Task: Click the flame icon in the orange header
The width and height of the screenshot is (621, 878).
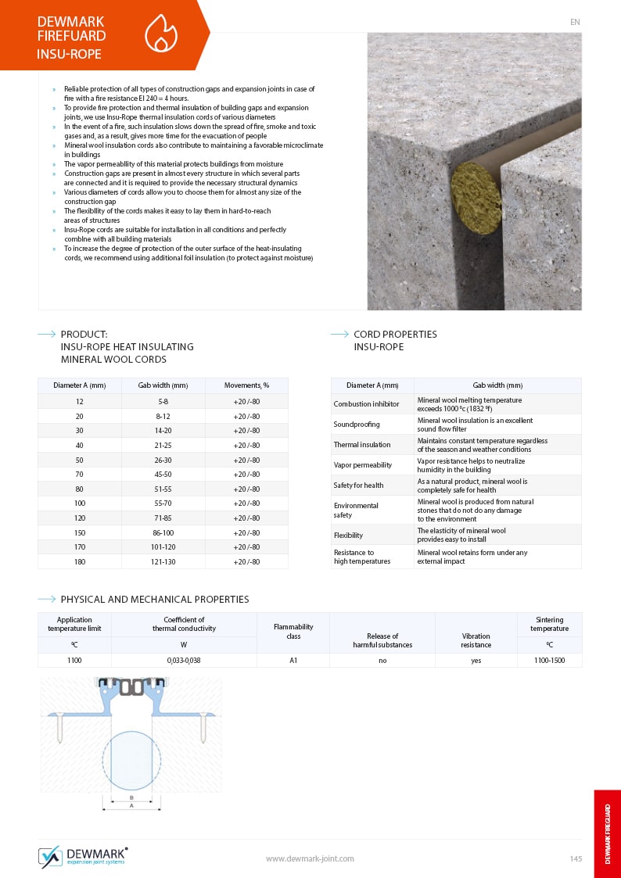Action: pyautogui.click(x=161, y=34)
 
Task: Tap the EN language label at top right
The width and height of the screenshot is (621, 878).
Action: pyautogui.click(x=575, y=22)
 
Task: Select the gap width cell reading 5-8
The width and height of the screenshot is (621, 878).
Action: pyautogui.click(x=163, y=401)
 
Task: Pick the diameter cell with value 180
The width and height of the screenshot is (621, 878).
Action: pyautogui.click(x=80, y=561)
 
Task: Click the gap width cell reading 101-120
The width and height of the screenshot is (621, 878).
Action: pyautogui.click(x=163, y=547)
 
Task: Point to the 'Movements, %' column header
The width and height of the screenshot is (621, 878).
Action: pyautogui.click(x=246, y=385)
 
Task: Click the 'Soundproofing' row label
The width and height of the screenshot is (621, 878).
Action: pyautogui.click(x=357, y=424)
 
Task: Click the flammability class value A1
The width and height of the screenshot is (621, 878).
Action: pyautogui.click(x=293, y=661)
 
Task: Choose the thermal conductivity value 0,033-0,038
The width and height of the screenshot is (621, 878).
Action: pyautogui.click(x=184, y=661)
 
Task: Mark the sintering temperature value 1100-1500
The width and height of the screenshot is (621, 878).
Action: pyautogui.click(x=549, y=661)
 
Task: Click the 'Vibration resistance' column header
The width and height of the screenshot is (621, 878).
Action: pyautogui.click(x=476, y=640)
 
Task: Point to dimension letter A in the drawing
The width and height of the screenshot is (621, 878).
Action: pyautogui.click(x=131, y=805)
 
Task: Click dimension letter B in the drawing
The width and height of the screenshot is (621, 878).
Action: pyautogui.click(x=131, y=797)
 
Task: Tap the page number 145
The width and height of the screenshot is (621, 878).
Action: pyautogui.click(x=576, y=858)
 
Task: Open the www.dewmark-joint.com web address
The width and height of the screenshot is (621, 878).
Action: pyautogui.click(x=310, y=858)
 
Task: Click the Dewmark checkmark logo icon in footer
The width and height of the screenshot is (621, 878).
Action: pyautogui.click(x=51, y=857)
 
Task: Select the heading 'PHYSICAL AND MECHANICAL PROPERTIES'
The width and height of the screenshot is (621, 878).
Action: pyautogui.click(x=155, y=600)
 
